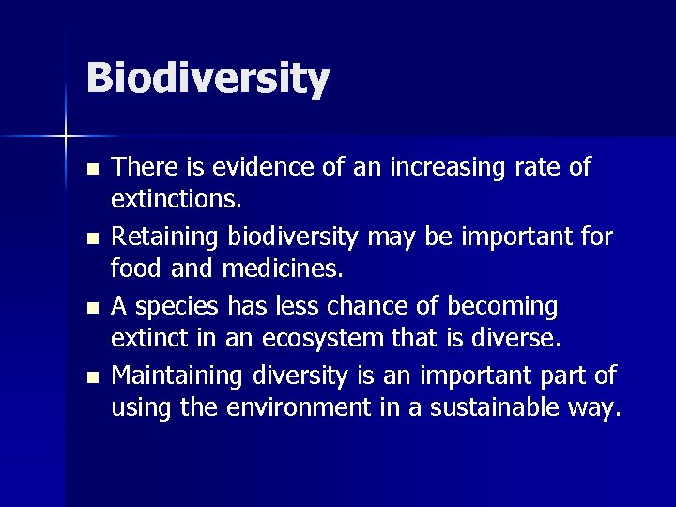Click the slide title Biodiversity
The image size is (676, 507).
point(207,78)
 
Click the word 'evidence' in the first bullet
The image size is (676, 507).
point(253,167)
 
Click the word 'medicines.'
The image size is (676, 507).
point(284,269)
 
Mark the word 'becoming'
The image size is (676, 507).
point(502,306)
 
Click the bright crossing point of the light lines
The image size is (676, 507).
point(66,137)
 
